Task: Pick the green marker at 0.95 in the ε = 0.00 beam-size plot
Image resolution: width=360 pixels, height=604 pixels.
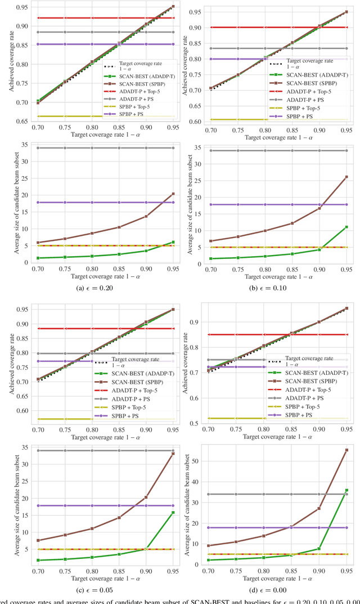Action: [346, 490]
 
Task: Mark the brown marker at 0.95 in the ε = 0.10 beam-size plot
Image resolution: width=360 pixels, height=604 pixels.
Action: [346, 177]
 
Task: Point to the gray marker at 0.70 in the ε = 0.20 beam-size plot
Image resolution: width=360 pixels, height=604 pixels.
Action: [21, 148]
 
